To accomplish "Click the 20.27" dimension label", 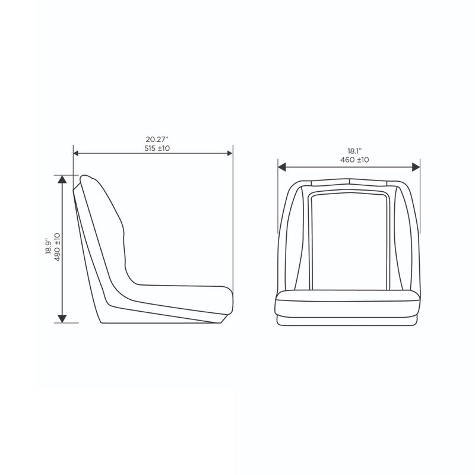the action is (x=157, y=140).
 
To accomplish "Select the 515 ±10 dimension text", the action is (x=157, y=148).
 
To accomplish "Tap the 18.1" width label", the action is (x=354, y=151).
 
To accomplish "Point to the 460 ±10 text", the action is (x=354, y=160).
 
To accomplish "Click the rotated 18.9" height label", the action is (x=49, y=246).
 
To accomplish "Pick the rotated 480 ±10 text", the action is (x=57, y=247).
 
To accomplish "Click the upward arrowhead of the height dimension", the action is (x=62, y=179).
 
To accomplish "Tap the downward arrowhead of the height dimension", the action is (x=62, y=319).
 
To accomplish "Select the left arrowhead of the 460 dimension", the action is (x=282, y=167).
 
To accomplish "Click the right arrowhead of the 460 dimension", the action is (x=416, y=167).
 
